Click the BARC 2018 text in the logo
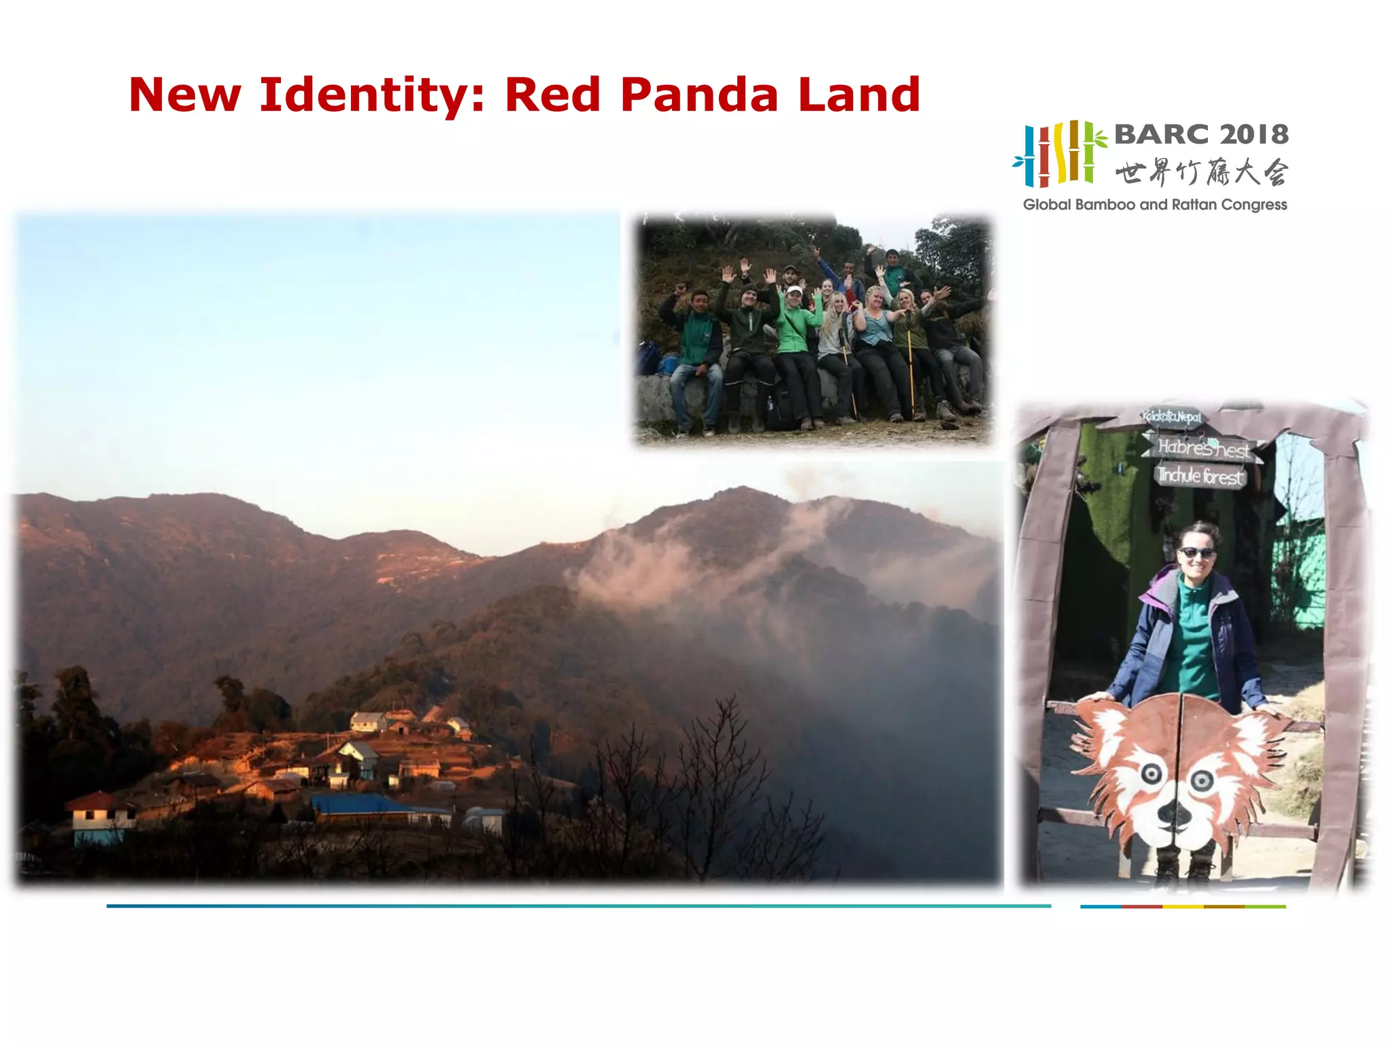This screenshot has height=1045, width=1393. [x=1201, y=135]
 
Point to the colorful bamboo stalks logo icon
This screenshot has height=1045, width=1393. [x=1058, y=154]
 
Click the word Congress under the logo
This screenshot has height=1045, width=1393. [x=1254, y=205]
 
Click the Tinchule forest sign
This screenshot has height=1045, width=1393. [x=1201, y=475]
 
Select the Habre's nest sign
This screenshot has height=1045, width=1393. [x=1203, y=448]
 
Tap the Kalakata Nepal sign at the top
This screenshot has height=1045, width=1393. [x=1171, y=416]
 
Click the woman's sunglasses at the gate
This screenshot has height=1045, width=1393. [x=1196, y=552]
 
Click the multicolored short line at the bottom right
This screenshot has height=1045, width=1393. [x=1183, y=906]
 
